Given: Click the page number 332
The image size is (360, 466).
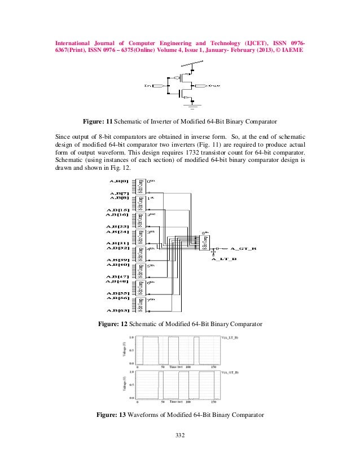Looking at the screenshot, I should (180, 434).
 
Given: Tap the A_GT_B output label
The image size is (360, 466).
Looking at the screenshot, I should (244, 248).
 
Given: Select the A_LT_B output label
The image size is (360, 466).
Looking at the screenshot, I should (224, 260).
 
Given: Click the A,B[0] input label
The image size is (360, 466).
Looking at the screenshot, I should (120, 181).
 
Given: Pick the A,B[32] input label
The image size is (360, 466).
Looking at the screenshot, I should (118, 248).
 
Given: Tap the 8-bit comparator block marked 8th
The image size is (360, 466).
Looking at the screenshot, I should (206, 243).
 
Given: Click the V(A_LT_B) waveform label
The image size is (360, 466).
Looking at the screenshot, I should (230, 337).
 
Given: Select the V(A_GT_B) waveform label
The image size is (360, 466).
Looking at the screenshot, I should (230, 373).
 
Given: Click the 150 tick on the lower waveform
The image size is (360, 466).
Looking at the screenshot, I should (214, 402).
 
